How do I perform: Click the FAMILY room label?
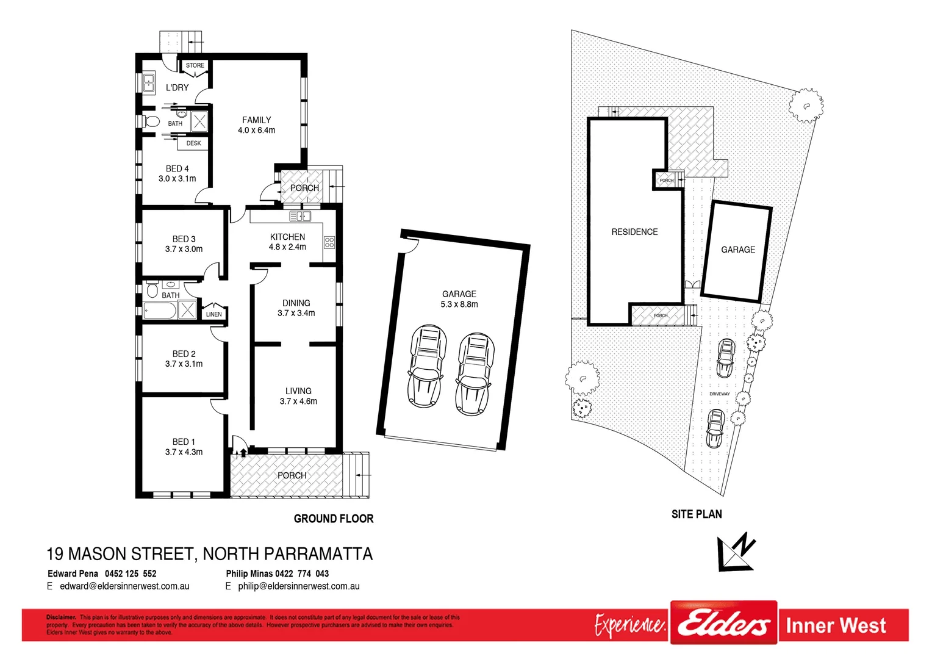coord(256,120)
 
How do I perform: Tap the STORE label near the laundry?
coord(195,65)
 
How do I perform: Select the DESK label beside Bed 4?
coord(193,143)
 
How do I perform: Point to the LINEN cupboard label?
coord(214,314)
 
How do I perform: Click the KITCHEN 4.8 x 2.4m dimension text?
coord(287,247)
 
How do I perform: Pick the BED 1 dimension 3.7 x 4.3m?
coord(184,452)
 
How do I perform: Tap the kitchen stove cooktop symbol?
coord(329,242)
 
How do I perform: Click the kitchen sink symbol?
coord(299,216)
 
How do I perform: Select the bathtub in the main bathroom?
coord(160,311)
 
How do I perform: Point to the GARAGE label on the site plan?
coord(738,250)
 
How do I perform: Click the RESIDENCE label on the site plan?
coord(634,232)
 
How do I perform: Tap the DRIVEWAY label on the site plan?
coord(720,394)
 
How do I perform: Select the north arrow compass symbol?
coord(737,552)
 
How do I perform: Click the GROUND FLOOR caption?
coord(334,519)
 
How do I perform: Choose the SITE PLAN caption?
coord(697,514)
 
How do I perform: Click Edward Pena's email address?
coord(124,586)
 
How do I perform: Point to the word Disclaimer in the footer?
coord(61,618)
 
